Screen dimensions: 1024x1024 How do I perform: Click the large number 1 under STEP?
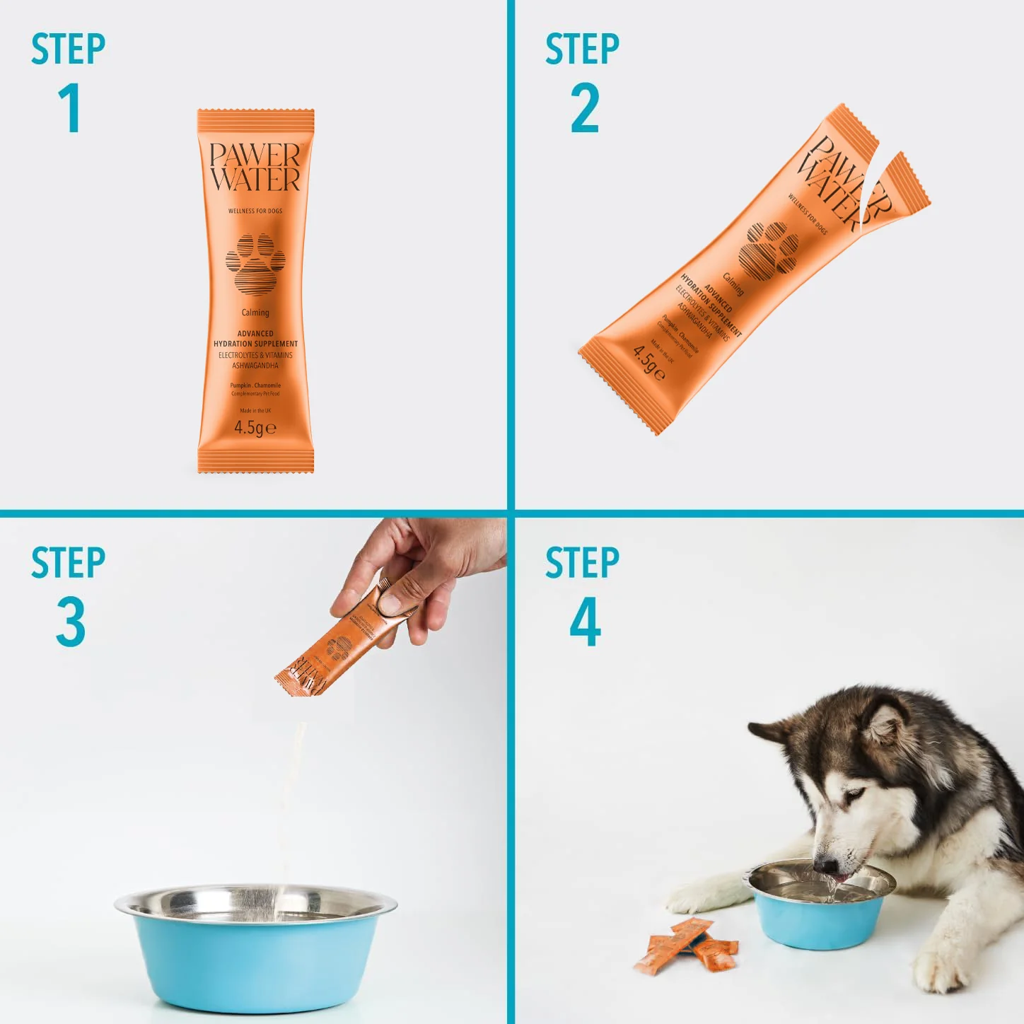pos(71,108)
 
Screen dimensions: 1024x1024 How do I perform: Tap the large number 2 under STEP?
pos(585,108)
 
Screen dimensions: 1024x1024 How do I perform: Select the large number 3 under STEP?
pos(71,622)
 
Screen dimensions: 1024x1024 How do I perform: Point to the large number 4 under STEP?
pos(585,622)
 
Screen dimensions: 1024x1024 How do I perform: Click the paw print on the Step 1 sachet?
pos(255,264)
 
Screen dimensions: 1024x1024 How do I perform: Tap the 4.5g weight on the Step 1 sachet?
pos(255,428)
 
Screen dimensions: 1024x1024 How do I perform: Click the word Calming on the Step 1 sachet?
pos(255,313)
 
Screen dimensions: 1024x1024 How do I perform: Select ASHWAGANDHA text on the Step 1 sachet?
pos(255,366)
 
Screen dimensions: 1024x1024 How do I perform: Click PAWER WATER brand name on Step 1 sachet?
pos(255,168)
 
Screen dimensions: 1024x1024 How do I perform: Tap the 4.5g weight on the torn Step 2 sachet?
pos(648,362)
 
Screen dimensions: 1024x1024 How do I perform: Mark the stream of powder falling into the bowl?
pos(293,799)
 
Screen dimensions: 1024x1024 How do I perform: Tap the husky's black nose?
pos(824,864)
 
